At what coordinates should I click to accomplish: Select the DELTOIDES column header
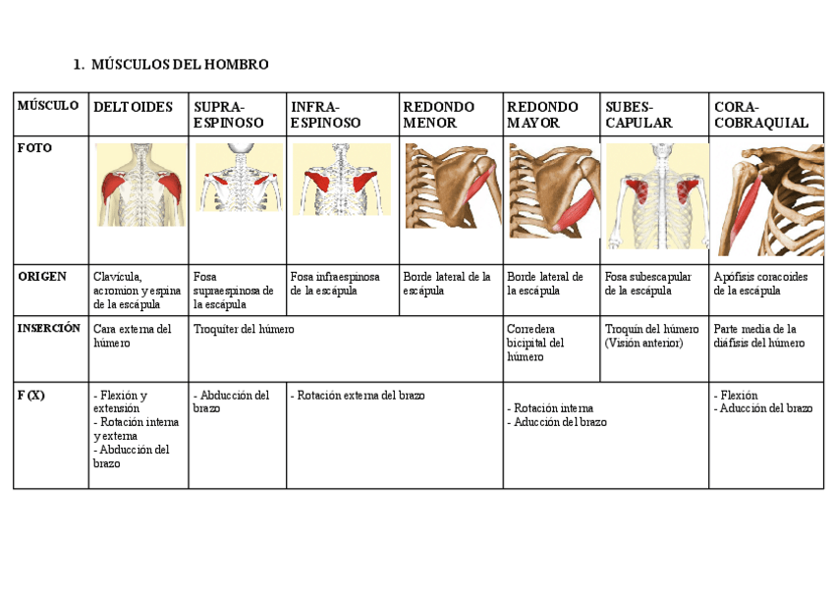pyautogui.click(x=133, y=107)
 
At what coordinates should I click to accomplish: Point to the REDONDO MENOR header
pyautogui.click(x=438, y=115)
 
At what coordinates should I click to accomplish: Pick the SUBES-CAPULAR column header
pyautogui.click(x=639, y=115)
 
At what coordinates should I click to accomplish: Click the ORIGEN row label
pyautogui.click(x=42, y=277)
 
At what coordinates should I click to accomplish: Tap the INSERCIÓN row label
pyautogui.click(x=49, y=329)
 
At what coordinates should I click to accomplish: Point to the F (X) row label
pyautogui.click(x=30, y=395)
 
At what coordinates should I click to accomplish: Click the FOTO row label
pyautogui.click(x=34, y=148)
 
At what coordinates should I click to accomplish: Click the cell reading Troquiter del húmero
pyautogui.click(x=244, y=330)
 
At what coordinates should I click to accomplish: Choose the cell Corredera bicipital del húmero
pyautogui.click(x=536, y=343)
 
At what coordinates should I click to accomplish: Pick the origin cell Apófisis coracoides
pyautogui.click(x=760, y=284)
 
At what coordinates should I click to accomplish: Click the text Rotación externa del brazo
pyautogui.click(x=359, y=396)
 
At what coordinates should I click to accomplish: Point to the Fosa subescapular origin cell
pyautogui.click(x=648, y=284)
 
